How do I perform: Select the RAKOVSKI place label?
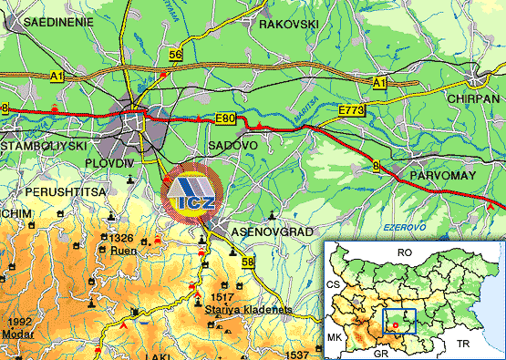(x=289, y=24)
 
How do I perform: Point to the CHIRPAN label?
(x=472, y=98)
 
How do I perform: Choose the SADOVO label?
(x=232, y=145)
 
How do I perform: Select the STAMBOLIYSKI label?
(x=44, y=145)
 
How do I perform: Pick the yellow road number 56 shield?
(x=175, y=56)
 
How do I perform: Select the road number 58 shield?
(x=249, y=262)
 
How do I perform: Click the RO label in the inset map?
(x=406, y=251)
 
